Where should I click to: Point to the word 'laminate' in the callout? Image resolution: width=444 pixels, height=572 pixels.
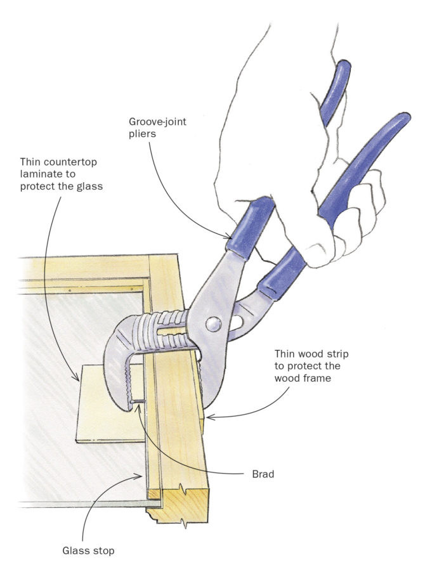[42, 175]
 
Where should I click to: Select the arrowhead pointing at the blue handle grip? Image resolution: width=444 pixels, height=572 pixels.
[229, 235]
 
